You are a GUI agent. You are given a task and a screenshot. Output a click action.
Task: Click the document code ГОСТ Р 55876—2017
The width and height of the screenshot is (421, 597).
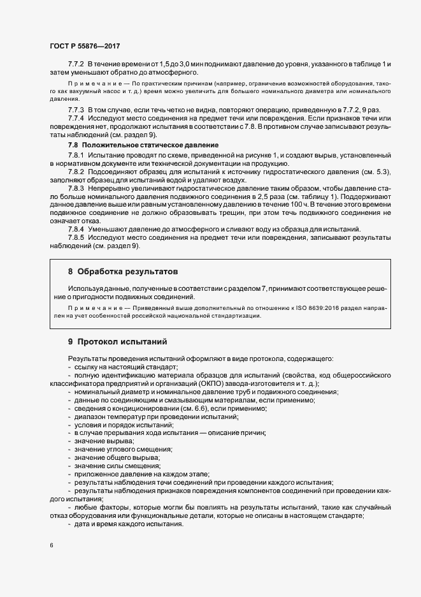coord(84,47)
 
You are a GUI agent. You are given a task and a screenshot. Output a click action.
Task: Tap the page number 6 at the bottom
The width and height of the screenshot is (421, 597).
coord(51,546)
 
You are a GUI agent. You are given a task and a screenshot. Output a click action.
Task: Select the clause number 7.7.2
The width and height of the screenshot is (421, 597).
coord(76,65)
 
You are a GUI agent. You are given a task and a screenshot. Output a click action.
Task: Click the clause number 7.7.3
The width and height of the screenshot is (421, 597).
coord(76,110)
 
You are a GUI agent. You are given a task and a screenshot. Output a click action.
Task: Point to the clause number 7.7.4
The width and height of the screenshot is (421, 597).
coord(76,119)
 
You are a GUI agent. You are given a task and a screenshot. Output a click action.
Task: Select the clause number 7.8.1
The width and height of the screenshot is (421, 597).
coord(76,155)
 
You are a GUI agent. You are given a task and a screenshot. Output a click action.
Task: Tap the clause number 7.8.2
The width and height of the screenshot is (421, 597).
coord(76,173)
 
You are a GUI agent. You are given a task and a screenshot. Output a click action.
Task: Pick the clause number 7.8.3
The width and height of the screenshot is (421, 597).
coord(76,190)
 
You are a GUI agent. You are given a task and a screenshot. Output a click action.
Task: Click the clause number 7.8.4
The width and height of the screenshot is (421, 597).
coord(76,228)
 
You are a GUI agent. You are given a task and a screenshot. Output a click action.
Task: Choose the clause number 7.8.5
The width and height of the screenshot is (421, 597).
coord(76,237)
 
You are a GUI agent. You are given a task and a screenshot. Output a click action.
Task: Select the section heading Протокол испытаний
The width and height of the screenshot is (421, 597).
coord(121,341)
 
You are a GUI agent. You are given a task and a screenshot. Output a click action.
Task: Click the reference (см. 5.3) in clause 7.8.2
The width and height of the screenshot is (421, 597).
coord(375,173)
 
